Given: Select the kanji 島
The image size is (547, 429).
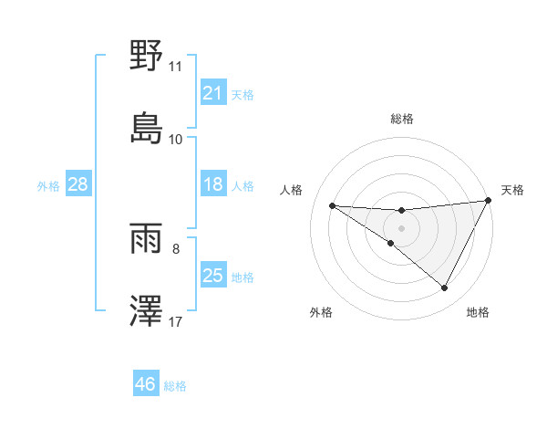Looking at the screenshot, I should click(x=147, y=128).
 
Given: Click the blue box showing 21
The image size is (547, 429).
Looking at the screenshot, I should click(x=213, y=92).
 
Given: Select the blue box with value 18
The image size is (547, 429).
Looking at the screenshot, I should click(x=213, y=184).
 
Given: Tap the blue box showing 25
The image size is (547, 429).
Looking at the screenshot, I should click(x=213, y=276).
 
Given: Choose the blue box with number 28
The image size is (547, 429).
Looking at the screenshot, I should click(x=77, y=184).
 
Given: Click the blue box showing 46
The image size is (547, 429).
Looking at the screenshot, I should click(x=146, y=384).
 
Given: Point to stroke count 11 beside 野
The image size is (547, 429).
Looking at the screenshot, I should click(x=175, y=67).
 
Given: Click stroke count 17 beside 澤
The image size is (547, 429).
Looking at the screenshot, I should click(x=175, y=321).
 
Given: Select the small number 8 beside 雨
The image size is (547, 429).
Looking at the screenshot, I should click(x=175, y=247).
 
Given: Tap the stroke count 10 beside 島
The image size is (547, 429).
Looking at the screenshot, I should click(x=175, y=139).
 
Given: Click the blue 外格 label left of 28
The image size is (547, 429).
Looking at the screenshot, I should click(x=48, y=186).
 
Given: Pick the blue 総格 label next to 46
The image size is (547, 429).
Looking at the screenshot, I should click(x=175, y=386).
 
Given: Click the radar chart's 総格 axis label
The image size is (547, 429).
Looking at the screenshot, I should click(x=401, y=119).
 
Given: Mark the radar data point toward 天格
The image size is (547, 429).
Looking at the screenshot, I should click(x=490, y=201).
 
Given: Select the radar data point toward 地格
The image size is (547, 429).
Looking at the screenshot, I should click(x=445, y=288).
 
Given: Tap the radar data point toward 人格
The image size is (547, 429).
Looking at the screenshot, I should click(x=332, y=205).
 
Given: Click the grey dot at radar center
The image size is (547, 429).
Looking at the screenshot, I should click(x=401, y=227).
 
